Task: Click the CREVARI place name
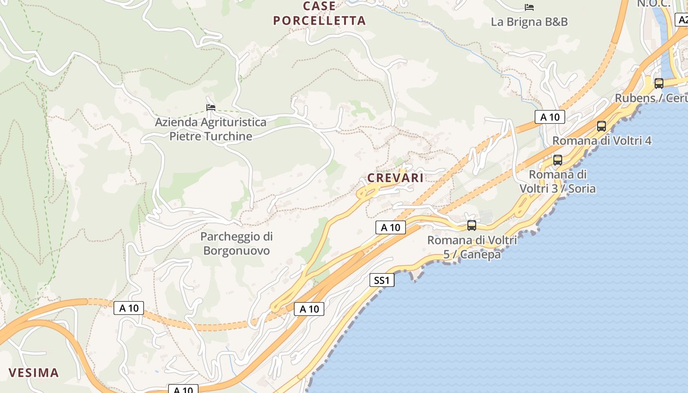395,178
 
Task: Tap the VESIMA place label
34,372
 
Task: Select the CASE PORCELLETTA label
319,14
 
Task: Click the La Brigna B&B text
529,22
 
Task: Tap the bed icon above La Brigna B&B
529,7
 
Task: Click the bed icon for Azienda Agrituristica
211,107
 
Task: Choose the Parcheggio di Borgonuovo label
236,244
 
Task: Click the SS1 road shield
382,280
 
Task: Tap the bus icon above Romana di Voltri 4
602,126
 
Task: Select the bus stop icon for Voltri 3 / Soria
557,160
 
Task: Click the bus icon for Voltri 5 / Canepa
472,225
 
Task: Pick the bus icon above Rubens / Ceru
659,83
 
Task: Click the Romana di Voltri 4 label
602,141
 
